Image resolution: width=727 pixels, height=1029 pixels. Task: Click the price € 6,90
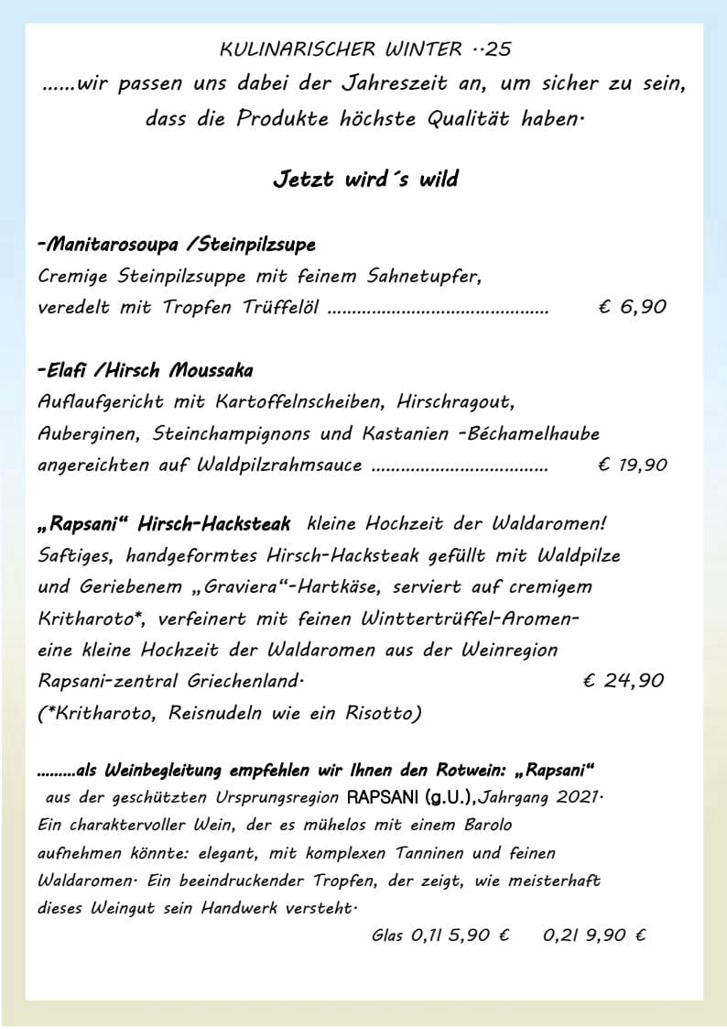click(632, 307)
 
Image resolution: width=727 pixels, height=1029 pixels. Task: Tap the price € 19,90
click(632, 465)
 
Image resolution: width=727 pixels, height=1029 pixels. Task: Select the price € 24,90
click(623, 680)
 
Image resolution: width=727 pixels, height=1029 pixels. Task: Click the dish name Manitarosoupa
click(111, 245)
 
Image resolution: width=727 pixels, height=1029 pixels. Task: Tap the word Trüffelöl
click(275, 307)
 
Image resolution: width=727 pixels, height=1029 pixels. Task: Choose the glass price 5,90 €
click(477, 936)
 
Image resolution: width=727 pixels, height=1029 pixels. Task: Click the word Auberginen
click(91, 432)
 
